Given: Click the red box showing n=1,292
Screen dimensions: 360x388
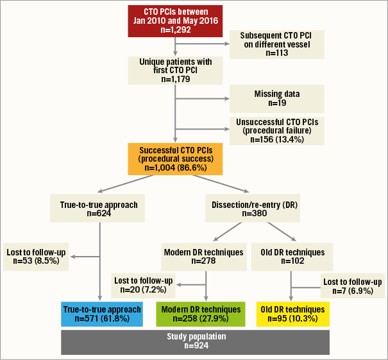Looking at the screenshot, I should (175, 20).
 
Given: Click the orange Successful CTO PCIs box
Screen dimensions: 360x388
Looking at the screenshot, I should (175, 158).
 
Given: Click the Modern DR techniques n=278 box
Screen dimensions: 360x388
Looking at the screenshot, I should (203, 257).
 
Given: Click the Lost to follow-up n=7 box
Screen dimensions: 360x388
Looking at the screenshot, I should (353, 286).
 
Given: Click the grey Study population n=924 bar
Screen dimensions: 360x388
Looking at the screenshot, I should (195, 341).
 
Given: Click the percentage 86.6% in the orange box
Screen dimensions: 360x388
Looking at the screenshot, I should (204, 167).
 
